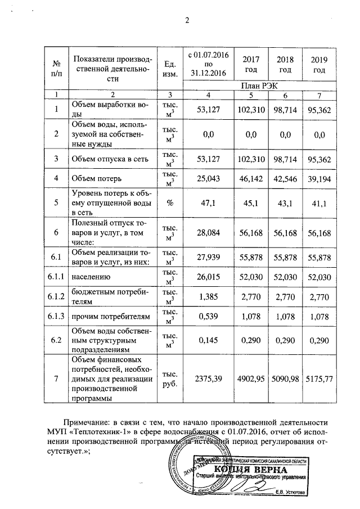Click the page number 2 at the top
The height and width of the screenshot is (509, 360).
point(188,21)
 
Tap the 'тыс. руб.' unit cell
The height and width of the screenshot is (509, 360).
point(171,379)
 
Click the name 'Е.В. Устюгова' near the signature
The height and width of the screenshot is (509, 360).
point(290,493)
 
